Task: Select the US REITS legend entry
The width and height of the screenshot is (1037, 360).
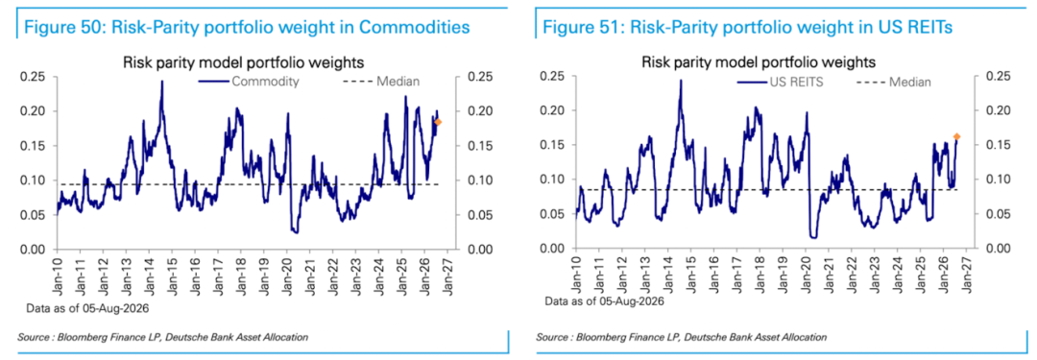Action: pos(769,82)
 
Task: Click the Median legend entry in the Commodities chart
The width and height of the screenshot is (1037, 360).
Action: pos(381,82)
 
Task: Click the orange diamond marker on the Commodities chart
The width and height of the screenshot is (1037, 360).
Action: pos(438,122)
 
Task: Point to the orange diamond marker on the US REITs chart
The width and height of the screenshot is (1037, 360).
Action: pos(956,137)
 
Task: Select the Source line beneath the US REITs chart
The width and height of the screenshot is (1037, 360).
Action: pos(681,338)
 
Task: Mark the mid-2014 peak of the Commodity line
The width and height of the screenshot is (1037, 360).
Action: pos(161,82)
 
